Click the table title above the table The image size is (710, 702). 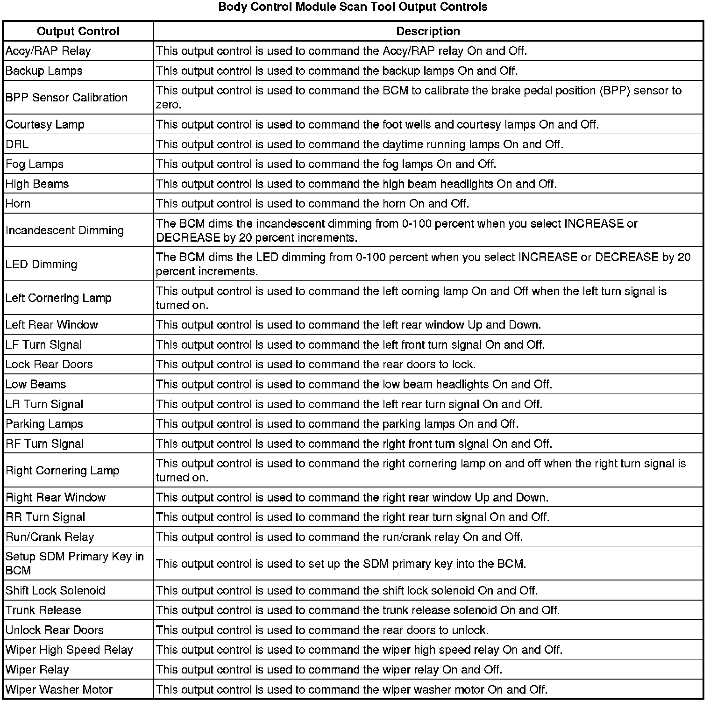pos(353,7)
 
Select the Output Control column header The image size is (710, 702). pos(78,31)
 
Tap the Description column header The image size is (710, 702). pos(428,31)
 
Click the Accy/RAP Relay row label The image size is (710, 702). pos(48,51)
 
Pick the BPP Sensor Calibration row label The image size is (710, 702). pos(66,98)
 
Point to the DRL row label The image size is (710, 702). pos(17,144)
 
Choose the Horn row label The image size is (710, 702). pos(18,204)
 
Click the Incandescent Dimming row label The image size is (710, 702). pos(64,230)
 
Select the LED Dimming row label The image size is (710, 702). pos(41,265)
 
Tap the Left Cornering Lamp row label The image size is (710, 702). pos(58,298)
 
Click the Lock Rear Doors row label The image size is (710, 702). pos(49,365)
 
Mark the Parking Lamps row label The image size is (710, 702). pos(44,424)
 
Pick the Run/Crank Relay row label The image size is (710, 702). pos(50,537)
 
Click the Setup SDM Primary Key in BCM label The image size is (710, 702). pos(75,564)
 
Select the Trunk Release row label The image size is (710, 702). pos(43,610)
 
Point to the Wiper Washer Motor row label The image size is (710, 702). pos(59,690)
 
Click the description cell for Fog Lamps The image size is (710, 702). pos(326,164)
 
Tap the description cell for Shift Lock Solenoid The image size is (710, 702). pos(347,591)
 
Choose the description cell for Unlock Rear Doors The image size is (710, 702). pos(322,630)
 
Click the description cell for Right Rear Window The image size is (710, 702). pos(352,498)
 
